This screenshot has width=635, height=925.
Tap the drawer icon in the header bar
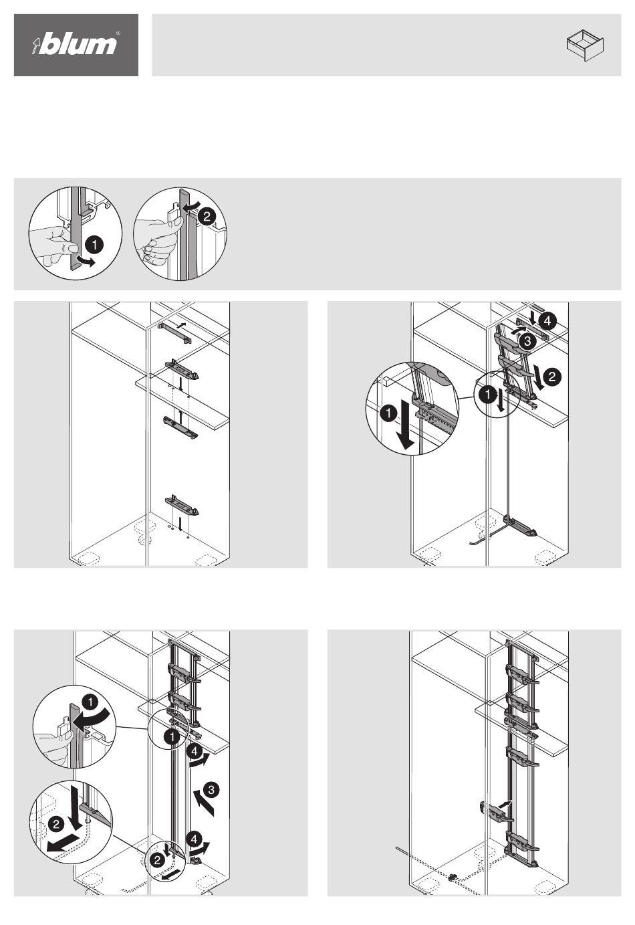585,45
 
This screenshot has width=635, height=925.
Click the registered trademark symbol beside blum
118,33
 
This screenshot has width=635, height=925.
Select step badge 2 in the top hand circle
207,216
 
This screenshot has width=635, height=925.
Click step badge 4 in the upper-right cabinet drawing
547,321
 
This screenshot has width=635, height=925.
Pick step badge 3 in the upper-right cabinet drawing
527,341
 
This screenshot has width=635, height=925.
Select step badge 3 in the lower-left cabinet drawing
211,789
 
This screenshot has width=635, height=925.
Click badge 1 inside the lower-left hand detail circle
90,702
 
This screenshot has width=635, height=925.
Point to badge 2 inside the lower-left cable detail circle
56,825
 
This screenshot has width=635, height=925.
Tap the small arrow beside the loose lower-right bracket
505,803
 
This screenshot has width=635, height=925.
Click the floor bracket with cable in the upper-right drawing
520,526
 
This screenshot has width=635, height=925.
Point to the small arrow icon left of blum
36,45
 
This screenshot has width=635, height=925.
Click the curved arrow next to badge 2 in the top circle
192,206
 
